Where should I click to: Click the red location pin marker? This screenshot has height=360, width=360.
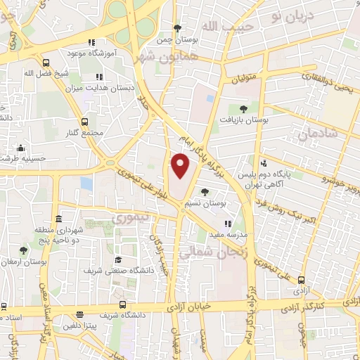(181, 165)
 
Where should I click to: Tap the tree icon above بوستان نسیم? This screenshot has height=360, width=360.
(205, 192)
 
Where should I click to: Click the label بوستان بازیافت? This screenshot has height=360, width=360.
(243, 120)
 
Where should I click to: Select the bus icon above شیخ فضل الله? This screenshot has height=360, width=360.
(45, 62)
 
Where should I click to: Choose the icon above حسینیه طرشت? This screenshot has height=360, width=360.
(21, 148)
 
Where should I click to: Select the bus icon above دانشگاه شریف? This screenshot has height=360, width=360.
(123, 305)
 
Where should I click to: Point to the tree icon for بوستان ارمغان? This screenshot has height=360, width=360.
(23, 250)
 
